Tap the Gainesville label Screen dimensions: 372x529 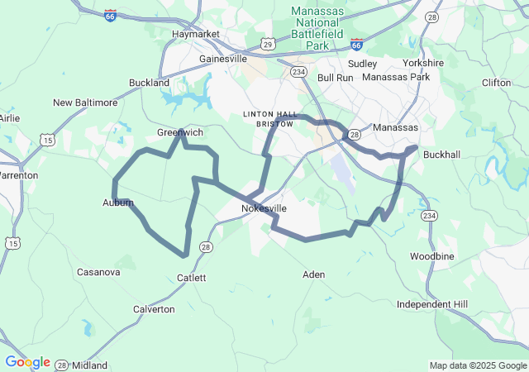[223, 60]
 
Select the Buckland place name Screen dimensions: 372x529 [149, 83]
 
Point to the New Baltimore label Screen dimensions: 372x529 [85, 103]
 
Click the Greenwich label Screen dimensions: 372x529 [180, 132]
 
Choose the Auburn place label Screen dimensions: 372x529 [117, 203]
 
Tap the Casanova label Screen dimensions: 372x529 [98, 272]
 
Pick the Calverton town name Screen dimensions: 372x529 [154, 309]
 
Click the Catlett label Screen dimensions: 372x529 [188, 278]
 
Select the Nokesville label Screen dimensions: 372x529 [264, 208]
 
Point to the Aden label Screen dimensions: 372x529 [313, 274]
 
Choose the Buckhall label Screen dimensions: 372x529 [442, 155]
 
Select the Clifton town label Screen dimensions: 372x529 [496, 83]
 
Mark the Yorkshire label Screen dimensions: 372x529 [423, 63]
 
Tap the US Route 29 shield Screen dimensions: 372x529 [268, 42]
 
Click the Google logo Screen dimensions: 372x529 [27, 362]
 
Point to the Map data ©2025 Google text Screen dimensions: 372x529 [477, 365]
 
